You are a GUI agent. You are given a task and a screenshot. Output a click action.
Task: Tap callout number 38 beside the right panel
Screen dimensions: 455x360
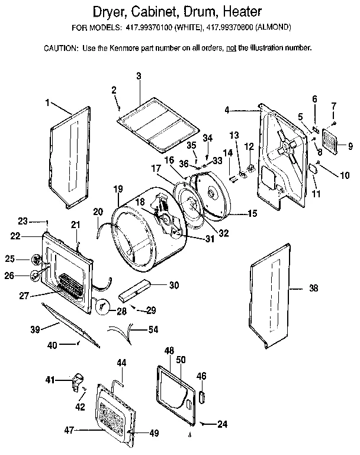click(313, 289)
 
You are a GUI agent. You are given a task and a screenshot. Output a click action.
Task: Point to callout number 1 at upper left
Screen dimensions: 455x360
click(47, 102)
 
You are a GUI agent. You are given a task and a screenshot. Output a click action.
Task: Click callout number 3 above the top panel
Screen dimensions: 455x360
click(139, 76)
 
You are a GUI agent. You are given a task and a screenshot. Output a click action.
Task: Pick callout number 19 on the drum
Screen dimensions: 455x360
click(118, 189)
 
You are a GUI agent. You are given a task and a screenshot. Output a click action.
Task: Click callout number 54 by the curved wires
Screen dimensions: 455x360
click(153, 329)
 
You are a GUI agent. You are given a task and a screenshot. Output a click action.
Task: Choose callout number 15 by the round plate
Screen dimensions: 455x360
click(252, 213)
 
